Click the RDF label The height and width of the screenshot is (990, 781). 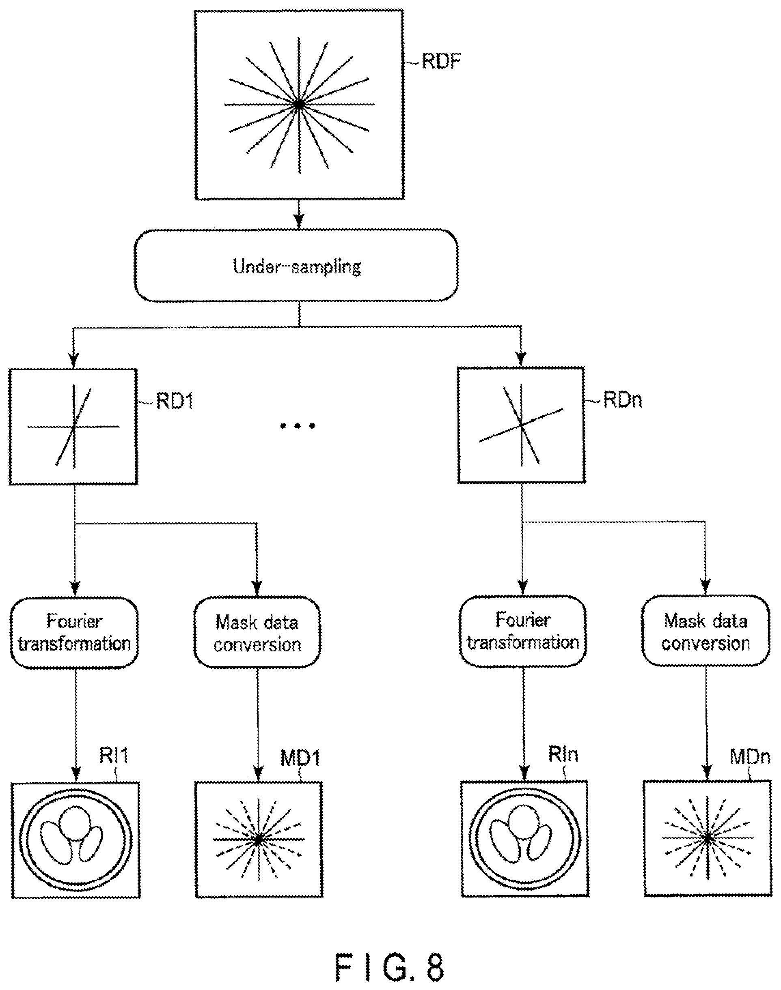(x=441, y=61)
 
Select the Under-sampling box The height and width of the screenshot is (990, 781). (x=296, y=265)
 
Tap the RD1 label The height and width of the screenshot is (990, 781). (x=175, y=401)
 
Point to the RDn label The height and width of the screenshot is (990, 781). (x=623, y=400)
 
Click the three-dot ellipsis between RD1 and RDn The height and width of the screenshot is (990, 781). (x=298, y=426)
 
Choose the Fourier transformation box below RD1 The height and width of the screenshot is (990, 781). (x=74, y=632)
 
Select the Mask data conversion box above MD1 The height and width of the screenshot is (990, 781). (x=257, y=632)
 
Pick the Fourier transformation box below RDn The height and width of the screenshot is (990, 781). (x=523, y=631)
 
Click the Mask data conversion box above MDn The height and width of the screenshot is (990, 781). (x=706, y=631)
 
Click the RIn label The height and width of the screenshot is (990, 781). (x=563, y=754)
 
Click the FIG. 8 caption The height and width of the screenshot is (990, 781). (x=390, y=967)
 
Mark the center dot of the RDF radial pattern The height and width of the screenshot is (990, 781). (x=299, y=105)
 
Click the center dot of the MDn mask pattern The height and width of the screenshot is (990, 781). (x=708, y=839)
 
